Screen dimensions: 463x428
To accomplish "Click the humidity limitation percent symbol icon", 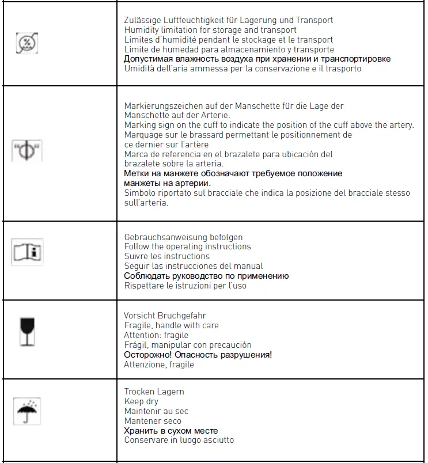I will pos(27,44).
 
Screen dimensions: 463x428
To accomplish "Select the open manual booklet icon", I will pos(27,253).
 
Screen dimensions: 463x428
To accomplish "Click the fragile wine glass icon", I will pos(27,332).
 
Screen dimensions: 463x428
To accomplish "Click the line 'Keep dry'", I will pos(141,401).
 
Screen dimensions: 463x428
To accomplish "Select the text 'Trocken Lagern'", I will pos(154,392).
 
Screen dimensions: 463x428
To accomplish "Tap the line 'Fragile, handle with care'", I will pos(171,325).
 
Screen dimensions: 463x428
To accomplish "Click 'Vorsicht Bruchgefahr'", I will pos(165,316).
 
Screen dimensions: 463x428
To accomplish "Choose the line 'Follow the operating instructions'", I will pos(188,246).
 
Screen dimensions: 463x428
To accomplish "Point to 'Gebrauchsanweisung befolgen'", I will pos(183,237).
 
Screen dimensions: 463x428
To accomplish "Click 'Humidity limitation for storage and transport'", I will pos(210,30).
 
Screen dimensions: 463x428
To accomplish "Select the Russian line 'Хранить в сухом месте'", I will pos(171,431).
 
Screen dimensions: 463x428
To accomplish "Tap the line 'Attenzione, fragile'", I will pos(159,365).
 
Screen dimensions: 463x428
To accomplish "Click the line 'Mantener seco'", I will pos(153,421).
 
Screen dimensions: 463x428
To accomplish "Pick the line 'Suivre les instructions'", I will pos(167,256).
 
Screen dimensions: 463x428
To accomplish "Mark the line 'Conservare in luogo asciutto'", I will pos(179,441).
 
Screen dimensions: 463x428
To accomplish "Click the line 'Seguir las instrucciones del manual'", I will pos(194,266).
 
